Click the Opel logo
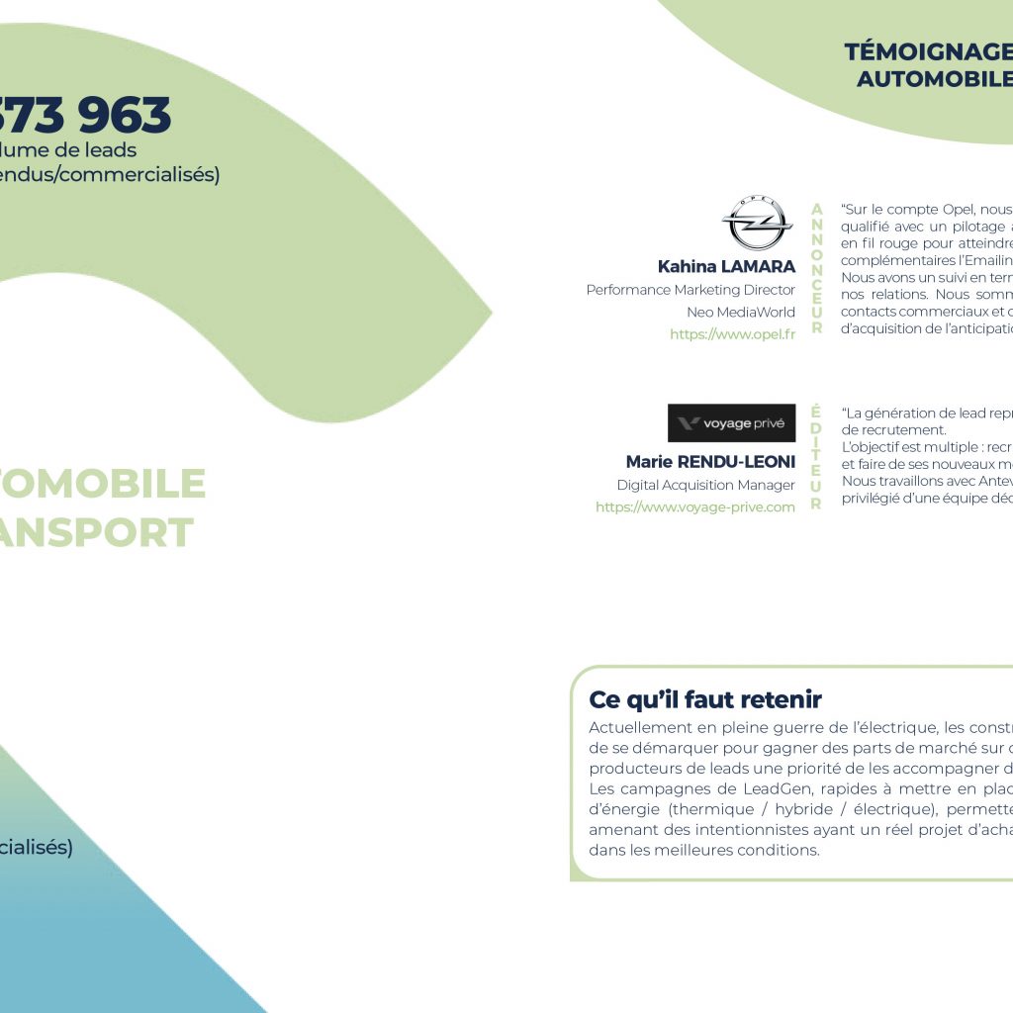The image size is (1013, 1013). tap(757, 224)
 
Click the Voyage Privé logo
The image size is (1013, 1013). tap(731, 423)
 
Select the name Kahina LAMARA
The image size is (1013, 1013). tap(726, 267)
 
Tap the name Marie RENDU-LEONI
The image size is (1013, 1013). tap(710, 462)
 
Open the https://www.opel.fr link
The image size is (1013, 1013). tap(732, 334)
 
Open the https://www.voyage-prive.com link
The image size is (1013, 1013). tap(694, 507)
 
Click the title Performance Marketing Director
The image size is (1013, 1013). tap(691, 290)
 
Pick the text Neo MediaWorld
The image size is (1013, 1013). tap(741, 312)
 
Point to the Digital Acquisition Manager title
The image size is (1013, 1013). tap(705, 485)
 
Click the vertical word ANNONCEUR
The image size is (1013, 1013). tap(816, 268)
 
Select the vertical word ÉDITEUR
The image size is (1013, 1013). tap(816, 457)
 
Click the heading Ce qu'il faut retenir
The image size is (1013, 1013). tap(705, 699)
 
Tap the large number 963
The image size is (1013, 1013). tap(126, 117)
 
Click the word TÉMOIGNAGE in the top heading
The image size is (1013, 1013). tap(928, 52)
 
